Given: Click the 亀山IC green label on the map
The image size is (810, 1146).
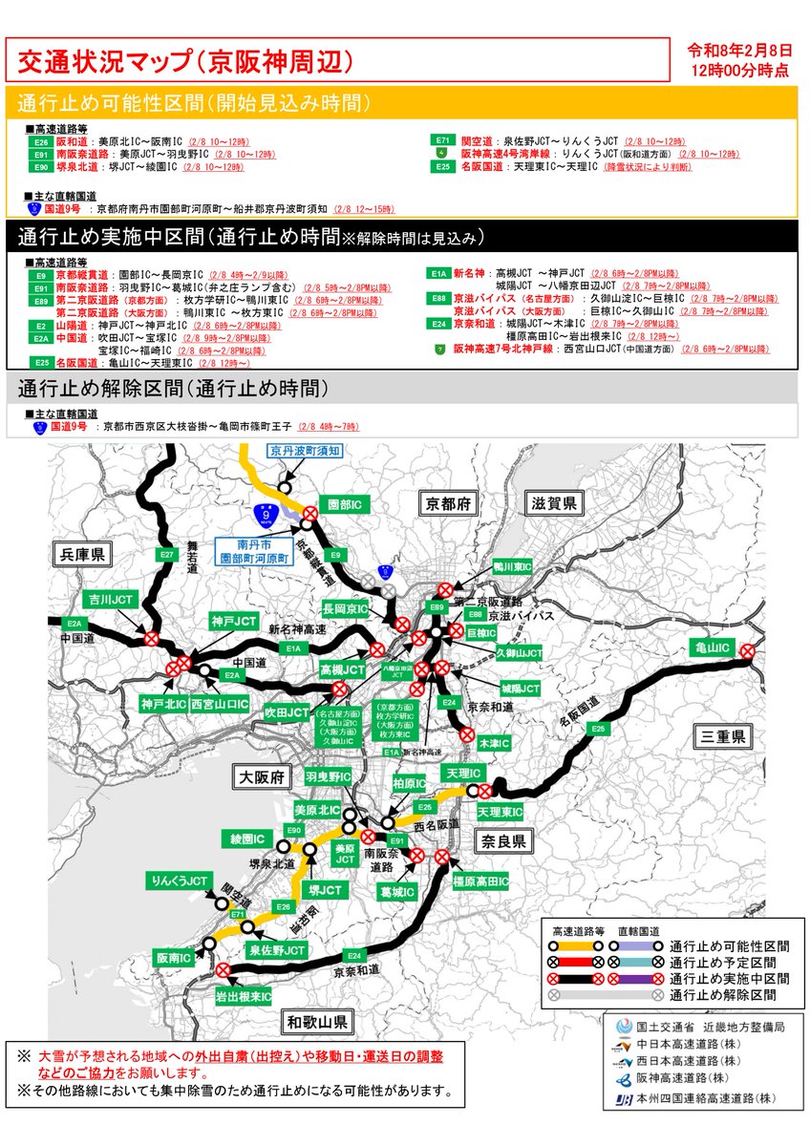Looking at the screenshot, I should coord(712,648).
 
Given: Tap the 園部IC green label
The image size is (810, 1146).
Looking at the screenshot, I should coord(342,502).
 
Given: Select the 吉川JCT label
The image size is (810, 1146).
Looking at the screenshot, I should coord(111,599).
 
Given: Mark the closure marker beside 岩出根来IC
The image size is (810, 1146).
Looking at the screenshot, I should coord(224,970).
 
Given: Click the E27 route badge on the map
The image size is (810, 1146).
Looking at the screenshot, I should coord(167,553).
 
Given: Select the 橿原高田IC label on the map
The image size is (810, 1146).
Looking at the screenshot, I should coord(480,880).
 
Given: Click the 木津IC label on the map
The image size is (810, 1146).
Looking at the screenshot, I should coord(493,742).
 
